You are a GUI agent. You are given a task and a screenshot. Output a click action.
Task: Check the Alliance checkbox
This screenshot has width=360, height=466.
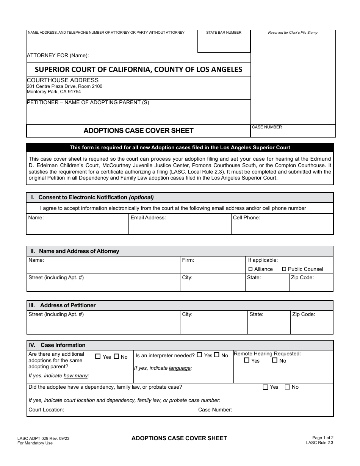(250, 269)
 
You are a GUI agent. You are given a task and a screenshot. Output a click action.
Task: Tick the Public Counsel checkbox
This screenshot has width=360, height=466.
(284, 269)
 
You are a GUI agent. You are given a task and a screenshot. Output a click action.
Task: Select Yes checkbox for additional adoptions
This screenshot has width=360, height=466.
(98, 357)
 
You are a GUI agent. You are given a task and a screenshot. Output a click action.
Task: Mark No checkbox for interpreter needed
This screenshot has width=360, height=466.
(217, 355)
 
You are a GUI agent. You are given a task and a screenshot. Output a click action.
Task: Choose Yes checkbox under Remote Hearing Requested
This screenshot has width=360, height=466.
(247, 360)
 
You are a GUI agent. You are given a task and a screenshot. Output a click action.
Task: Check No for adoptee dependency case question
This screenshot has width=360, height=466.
(287, 387)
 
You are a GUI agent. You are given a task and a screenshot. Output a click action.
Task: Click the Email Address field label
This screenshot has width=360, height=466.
(148, 218)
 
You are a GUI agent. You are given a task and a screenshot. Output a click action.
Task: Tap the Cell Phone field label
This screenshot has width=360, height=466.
(246, 218)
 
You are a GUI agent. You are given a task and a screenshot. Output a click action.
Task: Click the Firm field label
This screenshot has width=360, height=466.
(188, 260)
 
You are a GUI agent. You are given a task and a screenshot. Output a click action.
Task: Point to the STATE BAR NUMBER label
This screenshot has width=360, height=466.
(224, 33)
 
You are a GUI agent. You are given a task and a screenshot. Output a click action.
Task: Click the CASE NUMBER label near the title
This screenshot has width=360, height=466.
(267, 127)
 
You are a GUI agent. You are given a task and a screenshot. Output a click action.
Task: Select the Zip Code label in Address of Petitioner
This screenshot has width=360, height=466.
(304, 314)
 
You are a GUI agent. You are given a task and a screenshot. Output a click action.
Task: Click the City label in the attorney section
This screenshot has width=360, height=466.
(187, 278)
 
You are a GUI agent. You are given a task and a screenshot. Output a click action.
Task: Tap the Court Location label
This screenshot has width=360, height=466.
(46, 410)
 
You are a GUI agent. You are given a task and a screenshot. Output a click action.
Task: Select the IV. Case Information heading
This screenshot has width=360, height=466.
(58, 345)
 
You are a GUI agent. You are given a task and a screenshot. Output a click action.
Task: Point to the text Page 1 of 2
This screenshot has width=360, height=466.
(323, 438)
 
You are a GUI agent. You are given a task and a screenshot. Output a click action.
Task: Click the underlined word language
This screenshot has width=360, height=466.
(180, 368)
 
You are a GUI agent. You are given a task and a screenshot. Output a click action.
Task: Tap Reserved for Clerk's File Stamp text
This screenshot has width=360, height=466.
(293, 33)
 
